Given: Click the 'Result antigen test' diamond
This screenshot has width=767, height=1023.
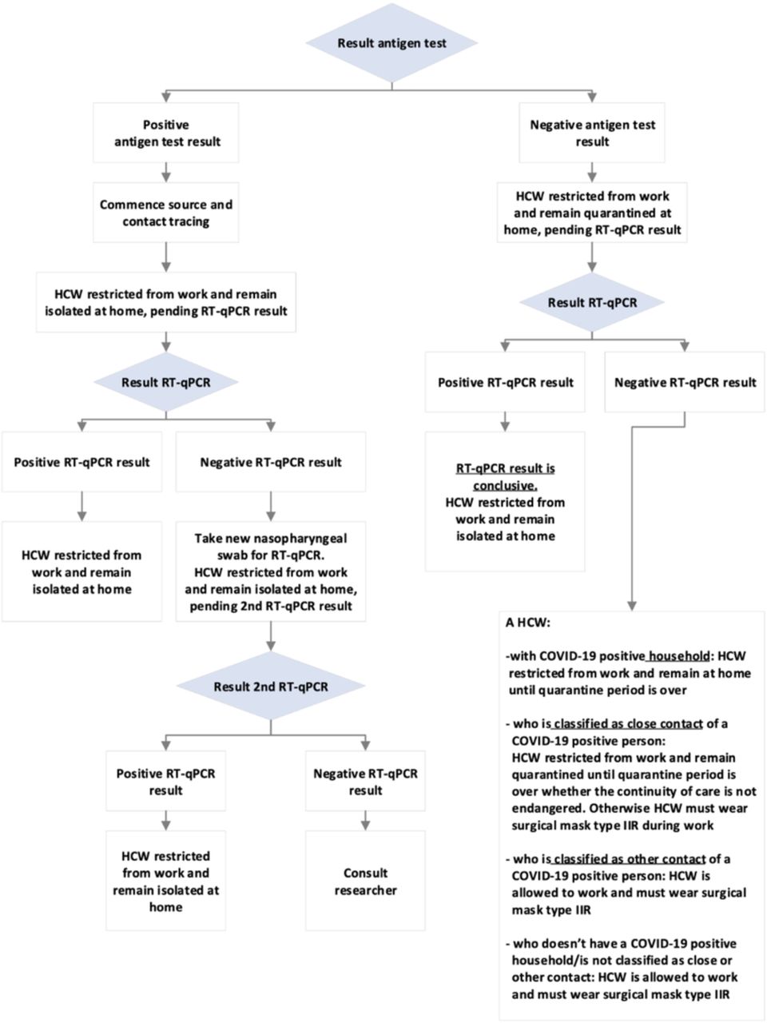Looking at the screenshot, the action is pyautogui.click(x=391, y=43).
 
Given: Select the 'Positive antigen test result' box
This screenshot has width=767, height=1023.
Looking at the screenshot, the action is pyautogui.click(x=166, y=133).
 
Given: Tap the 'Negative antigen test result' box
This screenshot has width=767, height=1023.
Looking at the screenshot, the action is pyautogui.click(x=592, y=133).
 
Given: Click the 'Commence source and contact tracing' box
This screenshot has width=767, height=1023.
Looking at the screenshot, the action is pyautogui.click(x=166, y=213).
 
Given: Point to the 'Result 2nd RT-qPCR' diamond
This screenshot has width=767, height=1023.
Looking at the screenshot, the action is pyautogui.click(x=271, y=686).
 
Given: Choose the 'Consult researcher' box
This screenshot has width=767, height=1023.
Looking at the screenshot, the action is pyautogui.click(x=365, y=881).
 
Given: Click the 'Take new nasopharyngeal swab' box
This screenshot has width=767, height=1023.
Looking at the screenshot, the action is pyautogui.click(x=271, y=571).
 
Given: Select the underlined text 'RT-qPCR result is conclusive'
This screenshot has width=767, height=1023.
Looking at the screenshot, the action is pyautogui.click(x=505, y=477).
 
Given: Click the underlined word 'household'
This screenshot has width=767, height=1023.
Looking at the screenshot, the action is pyautogui.click(x=678, y=656).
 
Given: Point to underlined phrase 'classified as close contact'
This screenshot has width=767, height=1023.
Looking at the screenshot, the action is pyautogui.click(x=628, y=724).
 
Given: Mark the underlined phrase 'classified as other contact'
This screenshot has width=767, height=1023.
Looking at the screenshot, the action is pyautogui.click(x=629, y=859).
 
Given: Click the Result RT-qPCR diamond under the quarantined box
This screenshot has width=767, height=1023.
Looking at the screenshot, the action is pyautogui.click(x=592, y=302).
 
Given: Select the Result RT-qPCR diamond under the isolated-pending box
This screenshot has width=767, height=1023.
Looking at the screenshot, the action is pyautogui.click(x=166, y=382).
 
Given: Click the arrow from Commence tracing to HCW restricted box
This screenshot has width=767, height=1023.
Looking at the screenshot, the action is pyautogui.click(x=166, y=257).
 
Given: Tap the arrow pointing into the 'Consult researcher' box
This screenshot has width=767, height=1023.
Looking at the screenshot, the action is pyautogui.click(x=365, y=821).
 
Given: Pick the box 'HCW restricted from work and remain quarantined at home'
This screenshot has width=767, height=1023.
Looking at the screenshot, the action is pyautogui.click(x=592, y=213).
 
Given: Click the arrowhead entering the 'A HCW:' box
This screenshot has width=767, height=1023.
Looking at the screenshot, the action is pyautogui.click(x=631, y=606).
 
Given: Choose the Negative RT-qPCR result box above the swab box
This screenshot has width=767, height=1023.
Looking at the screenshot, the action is pyautogui.click(x=271, y=462).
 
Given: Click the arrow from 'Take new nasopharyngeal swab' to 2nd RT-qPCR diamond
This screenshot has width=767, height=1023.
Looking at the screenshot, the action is pyautogui.click(x=271, y=637).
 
